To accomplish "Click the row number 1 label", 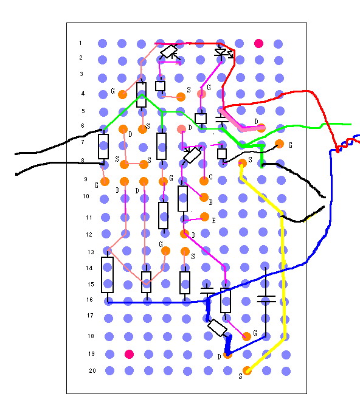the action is (x=80, y=43).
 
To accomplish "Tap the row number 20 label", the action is (x=92, y=370).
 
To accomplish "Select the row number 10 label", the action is (x=86, y=196).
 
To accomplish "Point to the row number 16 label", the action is (x=89, y=299).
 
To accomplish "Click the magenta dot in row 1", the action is (x=258, y=43).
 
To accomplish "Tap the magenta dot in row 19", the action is (x=129, y=354).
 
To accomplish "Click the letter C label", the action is (x=210, y=177).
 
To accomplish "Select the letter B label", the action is (x=210, y=203).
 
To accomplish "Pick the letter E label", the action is (x=213, y=221).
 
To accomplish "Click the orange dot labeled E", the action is (x=205, y=217).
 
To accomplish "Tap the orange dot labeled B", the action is (x=204, y=198).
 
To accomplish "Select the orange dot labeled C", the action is (x=204, y=181).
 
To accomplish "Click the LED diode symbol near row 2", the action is (x=223, y=53).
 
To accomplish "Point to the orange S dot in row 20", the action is (x=247, y=370).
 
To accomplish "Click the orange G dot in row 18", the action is (x=246, y=337).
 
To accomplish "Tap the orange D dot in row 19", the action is (x=227, y=355).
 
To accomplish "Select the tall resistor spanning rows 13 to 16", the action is (x=108, y=275).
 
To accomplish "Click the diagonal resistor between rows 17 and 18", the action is (x=217, y=328).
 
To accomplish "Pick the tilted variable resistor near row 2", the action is (x=169, y=52).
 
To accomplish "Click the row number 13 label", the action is (x=91, y=252).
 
